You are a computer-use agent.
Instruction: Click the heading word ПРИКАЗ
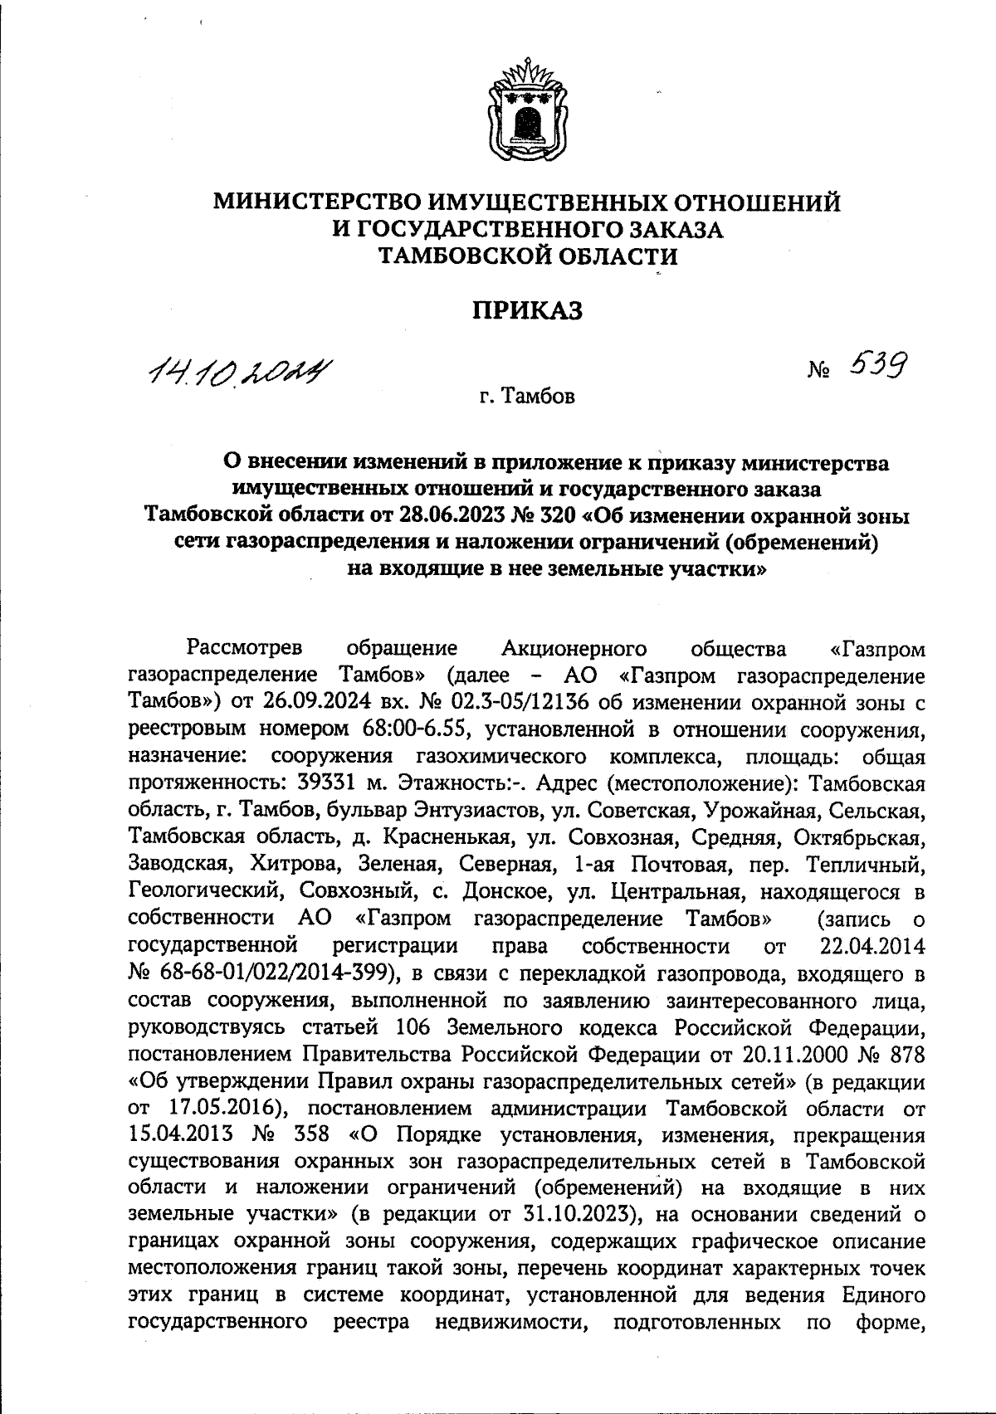(528, 310)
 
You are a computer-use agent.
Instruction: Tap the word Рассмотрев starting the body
(245, 646)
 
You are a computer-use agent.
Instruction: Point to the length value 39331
(334, 784)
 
